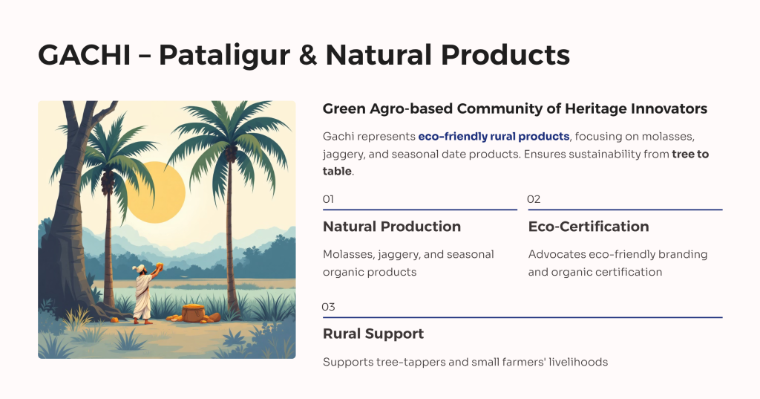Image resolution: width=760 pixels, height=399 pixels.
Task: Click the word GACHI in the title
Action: coord(85,55)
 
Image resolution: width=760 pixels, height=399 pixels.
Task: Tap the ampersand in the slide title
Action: coord(307,55)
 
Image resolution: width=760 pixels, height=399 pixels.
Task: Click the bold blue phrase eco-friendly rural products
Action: coord(494,137)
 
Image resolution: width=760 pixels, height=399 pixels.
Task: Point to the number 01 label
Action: coord(328,199)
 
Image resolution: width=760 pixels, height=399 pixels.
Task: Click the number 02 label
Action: coord(534,199)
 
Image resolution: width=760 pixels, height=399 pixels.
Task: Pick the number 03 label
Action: coord(328,307)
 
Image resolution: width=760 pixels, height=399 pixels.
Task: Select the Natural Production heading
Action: coord(392,227)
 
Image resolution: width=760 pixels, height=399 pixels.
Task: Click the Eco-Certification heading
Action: coord(589,227)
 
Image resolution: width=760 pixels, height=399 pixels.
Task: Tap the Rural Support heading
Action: coord(373,334)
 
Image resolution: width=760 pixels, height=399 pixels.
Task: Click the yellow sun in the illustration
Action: coord(156,192)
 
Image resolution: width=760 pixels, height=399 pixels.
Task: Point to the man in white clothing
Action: coord(144,294)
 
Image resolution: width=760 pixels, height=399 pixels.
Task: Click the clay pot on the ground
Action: coord(194,313)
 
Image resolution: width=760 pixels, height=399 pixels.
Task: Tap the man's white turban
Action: coord(141,267)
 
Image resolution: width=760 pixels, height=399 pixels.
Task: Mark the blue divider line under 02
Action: coord(625,210)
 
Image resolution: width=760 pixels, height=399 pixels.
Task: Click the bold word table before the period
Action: coord(337,172)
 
